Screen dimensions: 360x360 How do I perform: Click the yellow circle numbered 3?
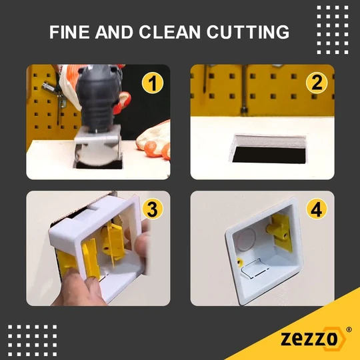point(153,209)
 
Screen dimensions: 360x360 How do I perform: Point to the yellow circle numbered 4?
point(317,209)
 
